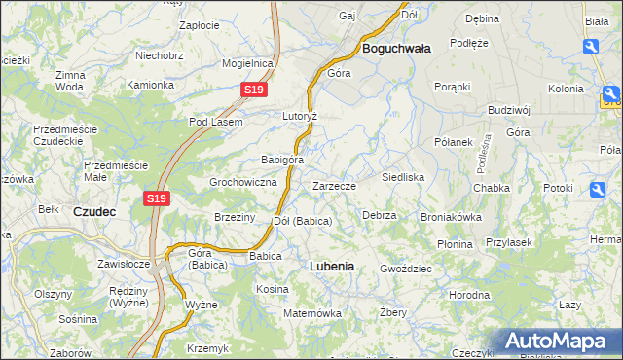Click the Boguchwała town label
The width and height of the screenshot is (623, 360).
397,47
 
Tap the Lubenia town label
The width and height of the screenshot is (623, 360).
331,265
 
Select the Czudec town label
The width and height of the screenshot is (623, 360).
95,210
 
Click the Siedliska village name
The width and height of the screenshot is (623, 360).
402,178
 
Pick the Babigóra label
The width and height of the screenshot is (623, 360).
282,160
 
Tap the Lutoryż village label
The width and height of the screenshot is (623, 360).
301,115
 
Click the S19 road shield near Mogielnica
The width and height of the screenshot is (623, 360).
253,90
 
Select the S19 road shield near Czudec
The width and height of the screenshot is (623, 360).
158,198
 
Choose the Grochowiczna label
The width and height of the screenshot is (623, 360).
244,182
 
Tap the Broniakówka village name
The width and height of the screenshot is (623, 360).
451,217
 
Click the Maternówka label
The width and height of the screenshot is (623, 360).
312,313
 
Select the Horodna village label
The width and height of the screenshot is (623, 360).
469,294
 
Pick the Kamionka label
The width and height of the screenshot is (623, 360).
150,85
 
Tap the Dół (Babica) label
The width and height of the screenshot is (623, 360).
303,221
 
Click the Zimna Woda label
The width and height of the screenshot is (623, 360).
70,81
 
